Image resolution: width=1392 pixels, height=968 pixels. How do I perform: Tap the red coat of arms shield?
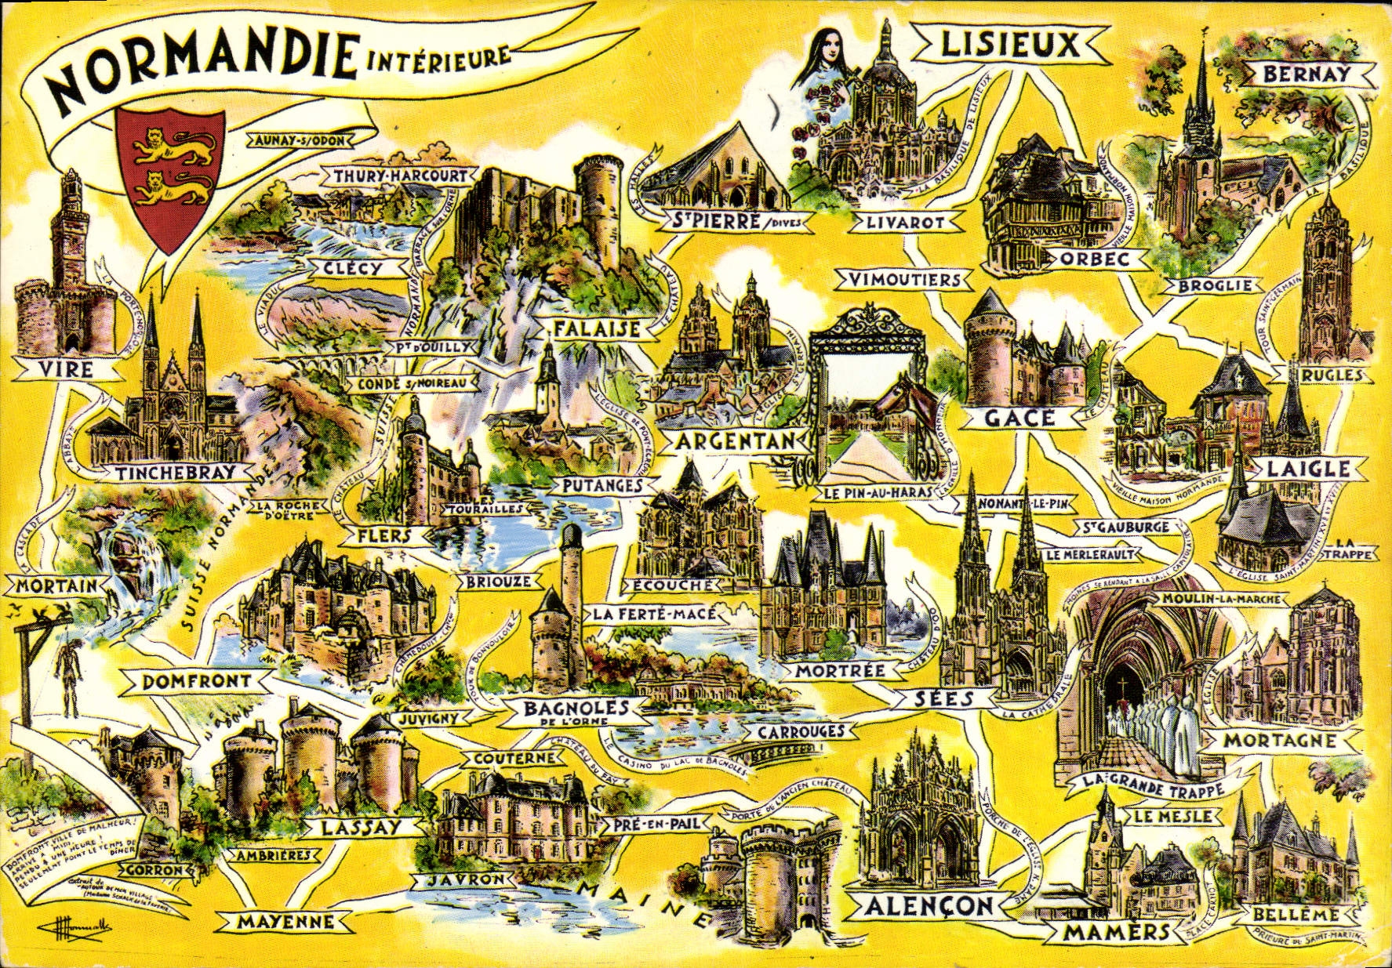point(169,176)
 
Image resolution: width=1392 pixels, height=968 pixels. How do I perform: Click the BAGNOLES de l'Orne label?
point(577,710)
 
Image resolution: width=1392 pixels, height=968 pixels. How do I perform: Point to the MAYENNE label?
point(285,923)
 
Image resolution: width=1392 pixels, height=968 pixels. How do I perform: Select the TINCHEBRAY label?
point(175,473)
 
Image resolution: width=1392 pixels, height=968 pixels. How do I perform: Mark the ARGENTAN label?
point(735,441)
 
